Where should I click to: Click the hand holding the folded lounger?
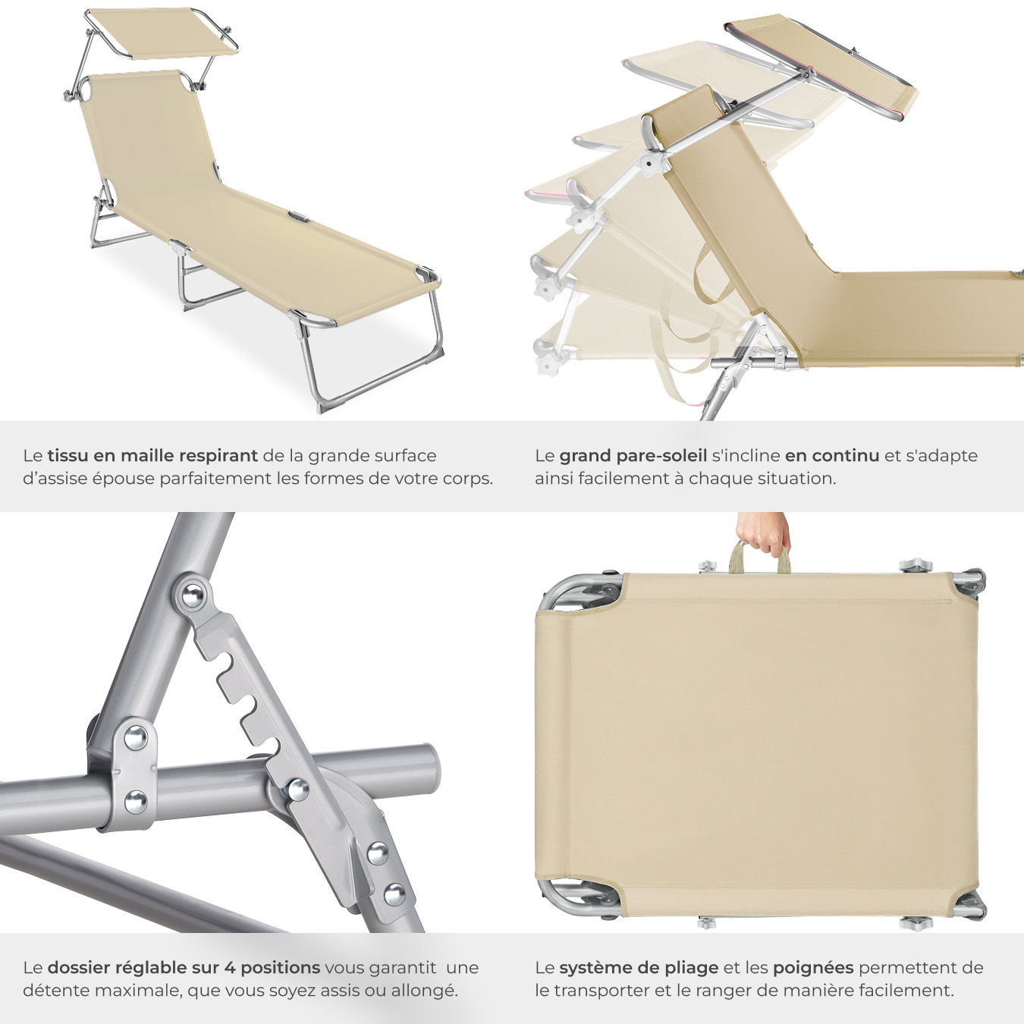pos(763,533)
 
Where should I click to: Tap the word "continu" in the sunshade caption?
pos(846,455)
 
